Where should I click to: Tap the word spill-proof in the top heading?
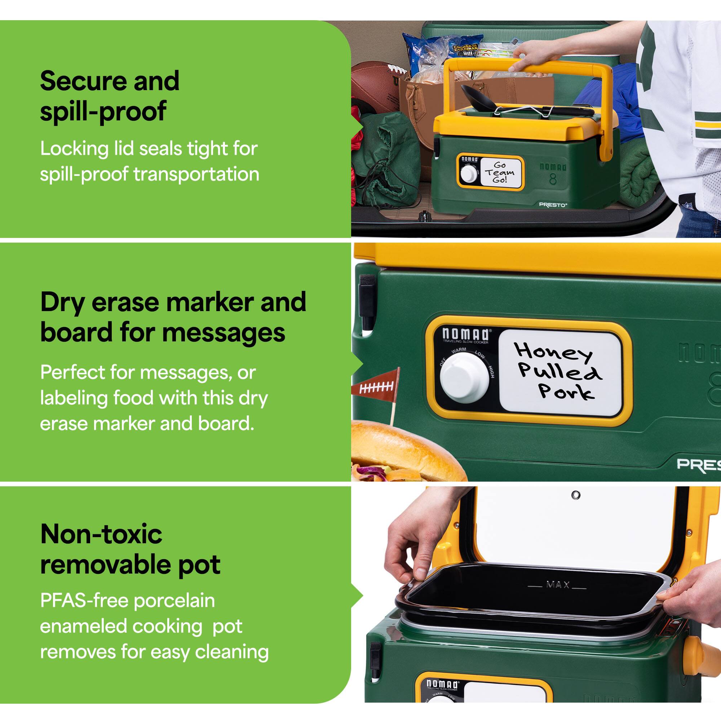click(x=103, y=111)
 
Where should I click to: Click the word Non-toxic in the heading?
click(x=101, y=534)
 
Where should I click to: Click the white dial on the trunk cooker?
click(x=469, y=173)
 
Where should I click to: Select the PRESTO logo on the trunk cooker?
click(x=553, y=204)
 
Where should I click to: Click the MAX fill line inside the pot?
click(x=558, y=585)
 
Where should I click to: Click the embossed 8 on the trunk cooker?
click(x=553, y=180)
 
